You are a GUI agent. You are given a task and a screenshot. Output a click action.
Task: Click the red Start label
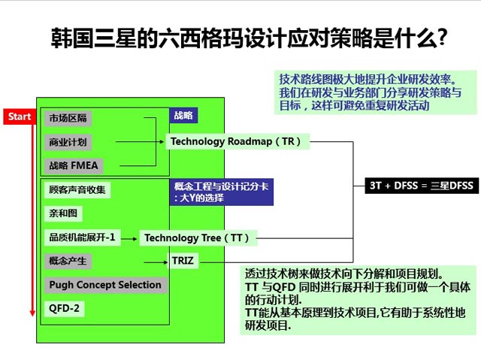click(20, 117)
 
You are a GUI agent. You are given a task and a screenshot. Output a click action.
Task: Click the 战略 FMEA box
click(73, 165)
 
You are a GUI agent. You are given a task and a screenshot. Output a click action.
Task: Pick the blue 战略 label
click(183, 116)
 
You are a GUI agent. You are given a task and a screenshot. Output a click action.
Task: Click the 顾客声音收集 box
click(77, 189)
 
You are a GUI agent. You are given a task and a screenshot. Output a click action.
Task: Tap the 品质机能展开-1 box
click(81, 237)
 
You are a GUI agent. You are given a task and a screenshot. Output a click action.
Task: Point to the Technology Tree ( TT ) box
click(197, 238)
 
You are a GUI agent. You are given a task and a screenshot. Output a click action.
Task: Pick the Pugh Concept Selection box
click(104, 285)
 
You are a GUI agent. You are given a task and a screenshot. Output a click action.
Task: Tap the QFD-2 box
click(65, 308)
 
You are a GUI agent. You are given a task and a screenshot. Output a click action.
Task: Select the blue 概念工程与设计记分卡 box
click(222, 193)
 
